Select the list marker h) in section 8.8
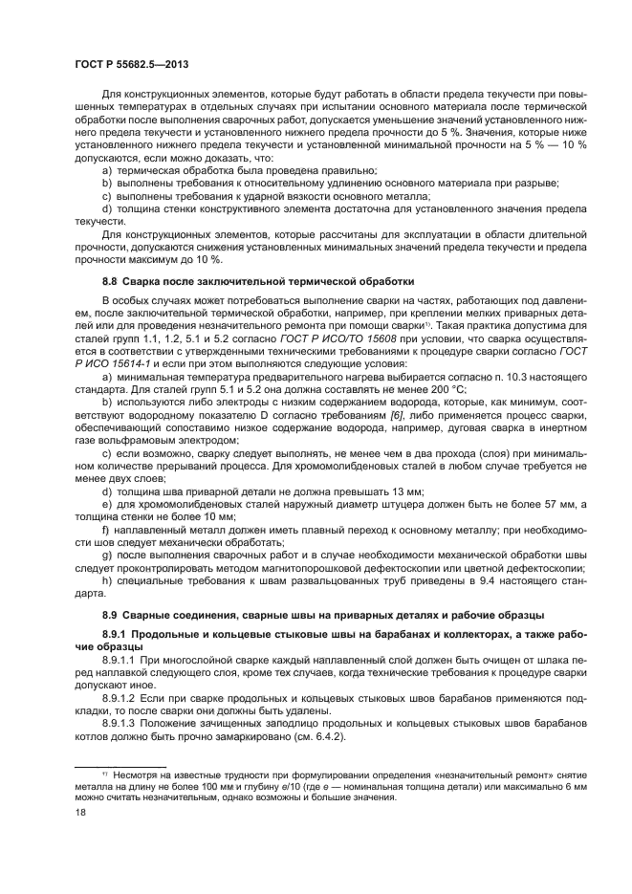(x=106, y=581)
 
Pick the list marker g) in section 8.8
(x=106, y=554)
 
